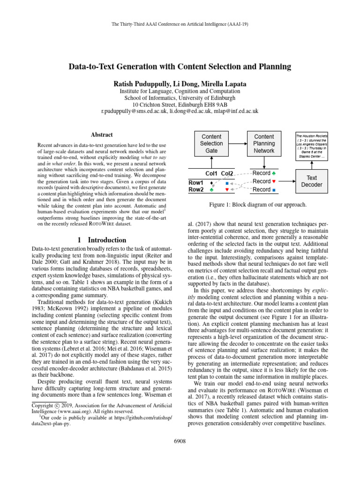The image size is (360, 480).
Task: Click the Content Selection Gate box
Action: point(211,143)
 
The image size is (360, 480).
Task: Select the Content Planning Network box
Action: point(264,143)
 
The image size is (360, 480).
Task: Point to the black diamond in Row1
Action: point(211,182)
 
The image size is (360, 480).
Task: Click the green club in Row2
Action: point(211,190)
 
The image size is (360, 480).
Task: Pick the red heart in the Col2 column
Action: point(226,190)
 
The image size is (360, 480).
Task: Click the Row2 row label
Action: point(196,190)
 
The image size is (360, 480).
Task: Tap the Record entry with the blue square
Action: point(264,190)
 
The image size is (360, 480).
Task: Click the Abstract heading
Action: point(100,135)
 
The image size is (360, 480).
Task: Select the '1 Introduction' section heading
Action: point(100,240)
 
